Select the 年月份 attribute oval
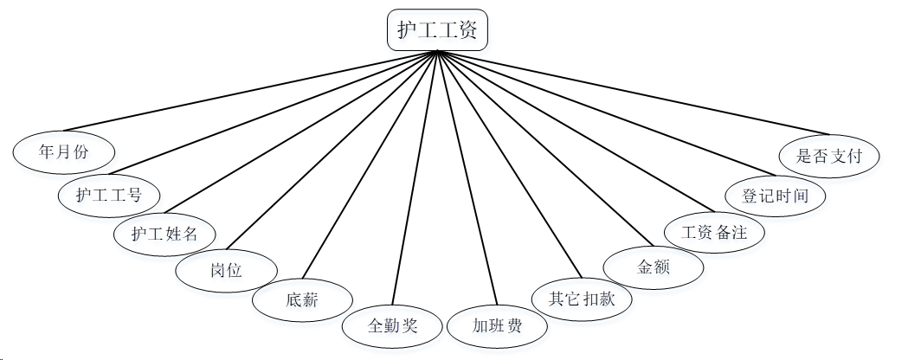click(64, 151)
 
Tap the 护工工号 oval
click(109, 194)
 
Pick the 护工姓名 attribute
click(165, 234)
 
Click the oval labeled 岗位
click(226, 270)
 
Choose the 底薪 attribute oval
click(302, 300)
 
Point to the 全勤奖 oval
click(393, 325)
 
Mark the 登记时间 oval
click(776, 196)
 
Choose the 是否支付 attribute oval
click(829, 156)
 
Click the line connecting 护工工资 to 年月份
click(260, 90)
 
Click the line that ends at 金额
click(545, 149)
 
